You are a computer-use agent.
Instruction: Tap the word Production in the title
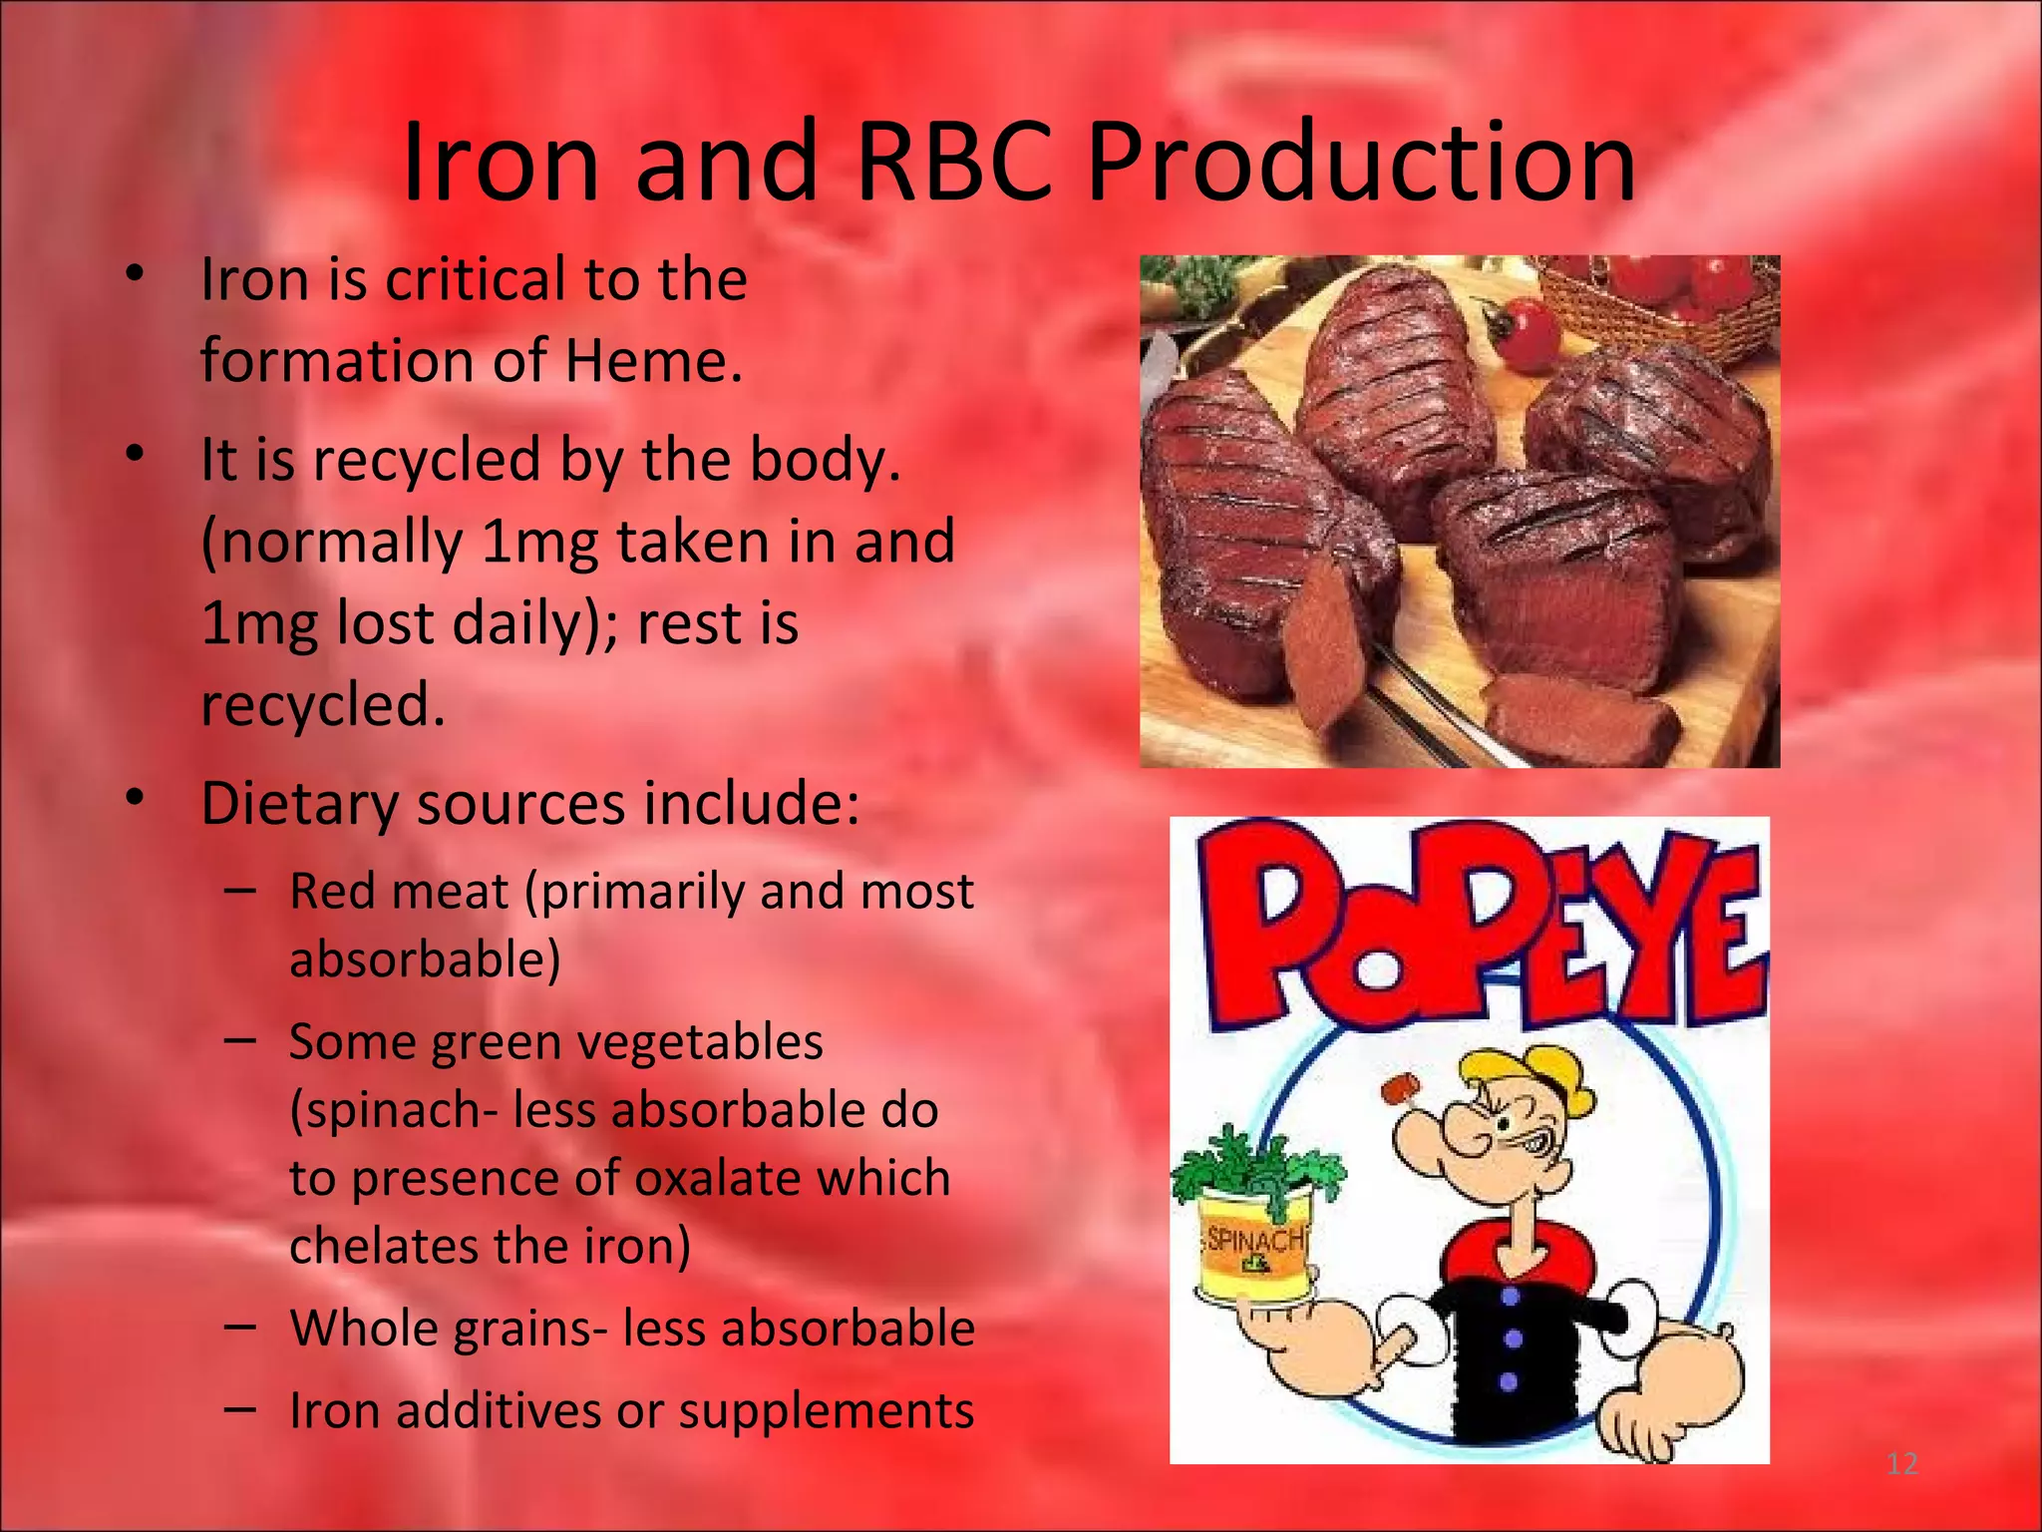pos(1360,162)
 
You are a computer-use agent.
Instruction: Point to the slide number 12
pos(1901,1464)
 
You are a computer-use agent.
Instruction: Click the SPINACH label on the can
pos(1254,1240)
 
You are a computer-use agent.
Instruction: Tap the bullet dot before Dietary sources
pos(137,798)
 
